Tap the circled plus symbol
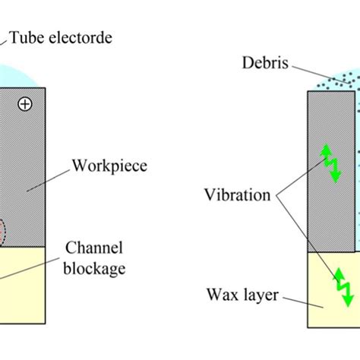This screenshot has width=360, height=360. coord(25,105)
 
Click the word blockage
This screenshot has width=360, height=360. coord(95,268)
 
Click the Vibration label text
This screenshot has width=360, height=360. coord(237,195)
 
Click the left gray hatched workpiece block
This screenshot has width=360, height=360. coord(23,167)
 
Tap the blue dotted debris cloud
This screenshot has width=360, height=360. coord(334,81)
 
